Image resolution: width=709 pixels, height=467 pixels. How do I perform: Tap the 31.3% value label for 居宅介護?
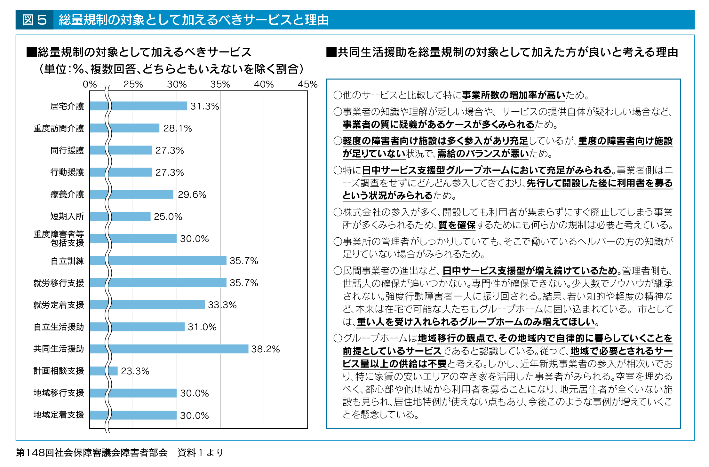[x=204, y=106]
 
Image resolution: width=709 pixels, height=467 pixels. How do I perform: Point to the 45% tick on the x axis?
[x=307, y=84]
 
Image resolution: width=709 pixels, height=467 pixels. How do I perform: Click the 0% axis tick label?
[x=90, y=84]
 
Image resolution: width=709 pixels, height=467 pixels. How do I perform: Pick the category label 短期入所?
[x=67, y=216]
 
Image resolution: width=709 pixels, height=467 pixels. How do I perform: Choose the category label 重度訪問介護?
[x=59, y=128]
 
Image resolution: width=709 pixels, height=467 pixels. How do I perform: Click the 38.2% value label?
[x=265, y=349]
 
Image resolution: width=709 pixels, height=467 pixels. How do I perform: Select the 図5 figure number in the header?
[x=35, y=20]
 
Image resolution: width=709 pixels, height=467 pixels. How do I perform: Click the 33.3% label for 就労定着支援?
[x=222, y=305]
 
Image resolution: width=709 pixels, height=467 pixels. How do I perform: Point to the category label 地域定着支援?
[x=59, y=415]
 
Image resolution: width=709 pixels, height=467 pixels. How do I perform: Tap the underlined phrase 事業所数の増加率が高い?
[x=514, y=95]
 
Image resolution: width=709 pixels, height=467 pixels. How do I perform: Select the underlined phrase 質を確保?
[x=457, y=225]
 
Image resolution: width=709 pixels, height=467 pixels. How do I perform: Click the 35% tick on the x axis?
[x=220, y=84]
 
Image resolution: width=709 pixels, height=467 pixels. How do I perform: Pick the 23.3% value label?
[x=135, y=371]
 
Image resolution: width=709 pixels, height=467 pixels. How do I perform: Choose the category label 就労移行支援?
[x=59, y=283]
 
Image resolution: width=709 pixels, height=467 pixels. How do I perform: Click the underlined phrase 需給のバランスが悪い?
[x=483, y=154]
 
